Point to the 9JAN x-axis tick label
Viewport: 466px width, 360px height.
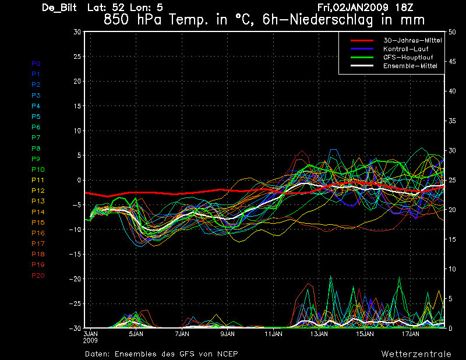point(227,334)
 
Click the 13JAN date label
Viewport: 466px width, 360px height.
point(319,334)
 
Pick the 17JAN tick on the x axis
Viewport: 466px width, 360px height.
point(411,334)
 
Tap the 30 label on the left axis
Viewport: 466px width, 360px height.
point(76,32)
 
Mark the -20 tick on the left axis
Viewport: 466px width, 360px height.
point(74,279)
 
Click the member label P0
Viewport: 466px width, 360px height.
point(36,63)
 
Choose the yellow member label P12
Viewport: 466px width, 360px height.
point(38,190)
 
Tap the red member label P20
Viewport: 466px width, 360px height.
point(38,275)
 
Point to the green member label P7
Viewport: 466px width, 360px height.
point(36,137)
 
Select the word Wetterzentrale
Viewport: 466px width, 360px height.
point(416,354)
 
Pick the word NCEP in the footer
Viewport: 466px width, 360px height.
point(226,354)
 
